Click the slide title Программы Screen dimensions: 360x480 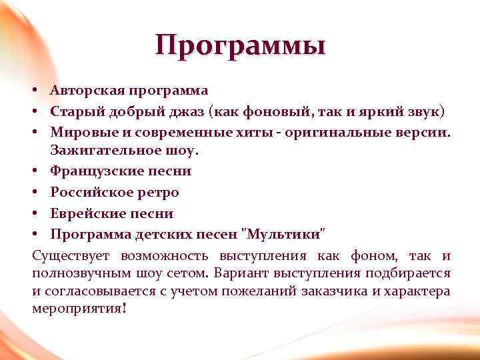coord(240,46)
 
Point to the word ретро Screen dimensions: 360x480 coord(158,193)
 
